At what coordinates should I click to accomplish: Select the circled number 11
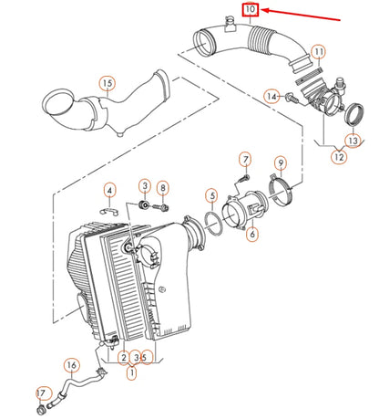pyautogui.click(x=317, y=52)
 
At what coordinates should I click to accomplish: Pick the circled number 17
pyautogui.click(x=41, y=393)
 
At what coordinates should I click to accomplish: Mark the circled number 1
pyautogui.click(x=132, y=372)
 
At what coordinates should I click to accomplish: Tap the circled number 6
pyautogui.click(x=251, y=234)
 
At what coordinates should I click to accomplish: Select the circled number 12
pyautogui.click(x=338, y=157)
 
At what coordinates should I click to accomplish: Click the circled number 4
pyautogui.click(x=109, y=191)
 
